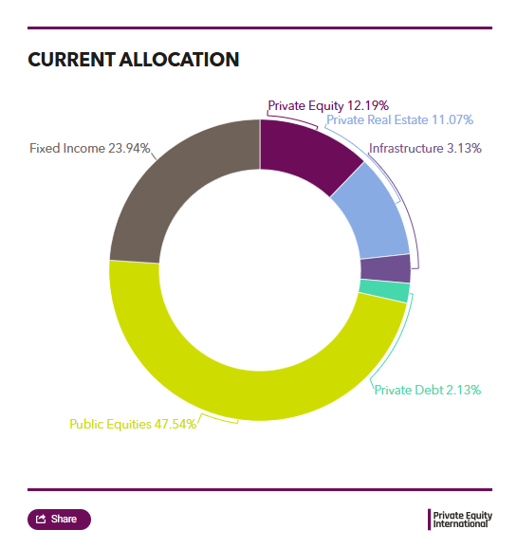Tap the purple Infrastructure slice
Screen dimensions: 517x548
click(385, 268)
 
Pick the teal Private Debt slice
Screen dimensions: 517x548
click(384, 290)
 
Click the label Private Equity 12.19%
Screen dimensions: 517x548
click(328, 105)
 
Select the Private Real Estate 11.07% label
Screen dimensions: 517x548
click(399, 119)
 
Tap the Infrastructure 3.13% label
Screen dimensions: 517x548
click(425, 148)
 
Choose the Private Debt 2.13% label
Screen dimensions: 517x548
click(428, 390)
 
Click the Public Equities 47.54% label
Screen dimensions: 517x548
click(133, 425)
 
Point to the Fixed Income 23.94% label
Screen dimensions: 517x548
click(90, 148)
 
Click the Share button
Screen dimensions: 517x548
click(59, 520)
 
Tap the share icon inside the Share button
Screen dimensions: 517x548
click(41, 520)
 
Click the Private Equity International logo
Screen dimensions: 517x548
click(460, 520)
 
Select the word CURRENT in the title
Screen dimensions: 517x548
click(72, 60)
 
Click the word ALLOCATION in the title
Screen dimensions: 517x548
click(179, 60)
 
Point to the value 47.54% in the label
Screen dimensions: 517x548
click(175, 425)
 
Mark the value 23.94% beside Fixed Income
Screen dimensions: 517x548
click(129, 148)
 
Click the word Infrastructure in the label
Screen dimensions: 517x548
click(406, 148)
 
